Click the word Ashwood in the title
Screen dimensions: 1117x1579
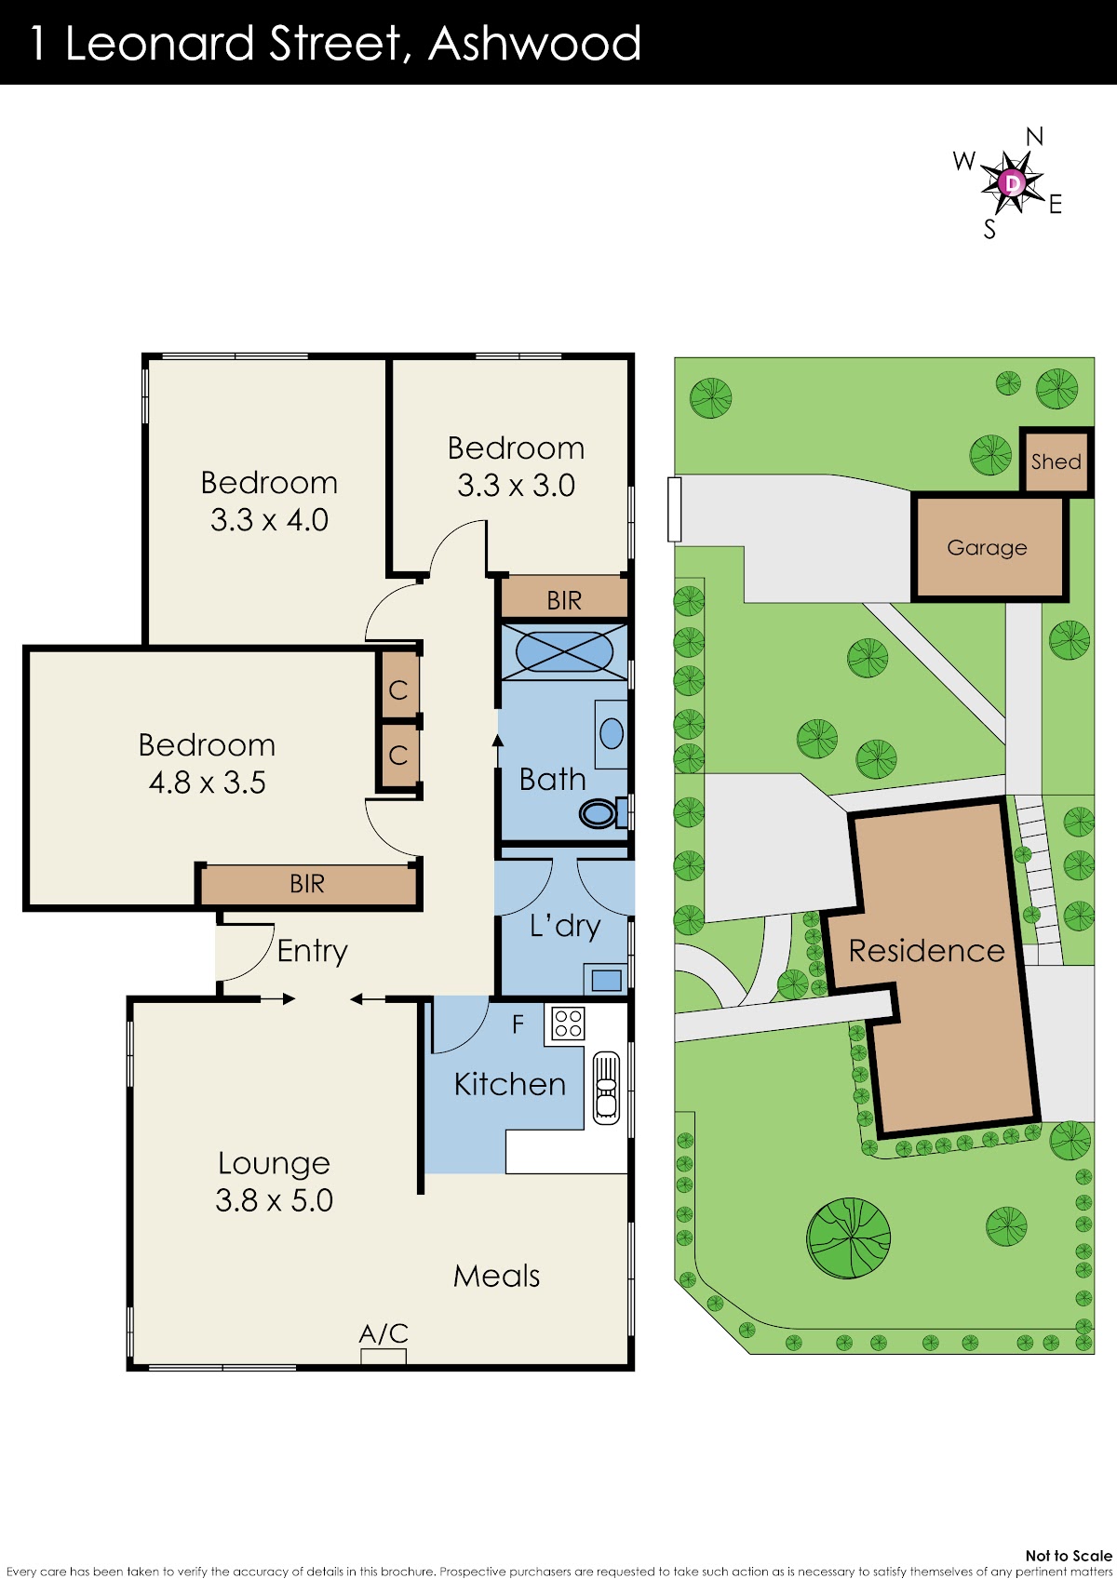(534, 43)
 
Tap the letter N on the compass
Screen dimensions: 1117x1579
(1034, 136)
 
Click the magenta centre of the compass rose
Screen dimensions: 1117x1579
(1012, 182)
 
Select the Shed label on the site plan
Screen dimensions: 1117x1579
(1056, 462)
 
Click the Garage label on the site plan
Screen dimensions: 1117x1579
(987, 548)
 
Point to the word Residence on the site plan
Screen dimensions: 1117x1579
(926, 950)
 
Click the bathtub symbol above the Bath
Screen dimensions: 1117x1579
(564, 651)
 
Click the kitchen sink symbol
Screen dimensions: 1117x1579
(607, 1087)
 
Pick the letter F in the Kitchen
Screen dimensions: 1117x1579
(518, 1024)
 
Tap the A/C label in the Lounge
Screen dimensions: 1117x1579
(383, 1333)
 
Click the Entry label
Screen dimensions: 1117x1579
(313, 951)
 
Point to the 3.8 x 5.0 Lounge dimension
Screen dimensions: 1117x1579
(274, 1199)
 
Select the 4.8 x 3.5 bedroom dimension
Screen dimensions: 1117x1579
(207, 783)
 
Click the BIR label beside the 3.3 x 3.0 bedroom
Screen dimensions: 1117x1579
(564, 600)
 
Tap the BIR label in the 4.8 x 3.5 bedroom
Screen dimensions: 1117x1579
(307, 884)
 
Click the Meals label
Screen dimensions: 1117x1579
(496, 1276)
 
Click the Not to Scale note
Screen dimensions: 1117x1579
(1069, 1556)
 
